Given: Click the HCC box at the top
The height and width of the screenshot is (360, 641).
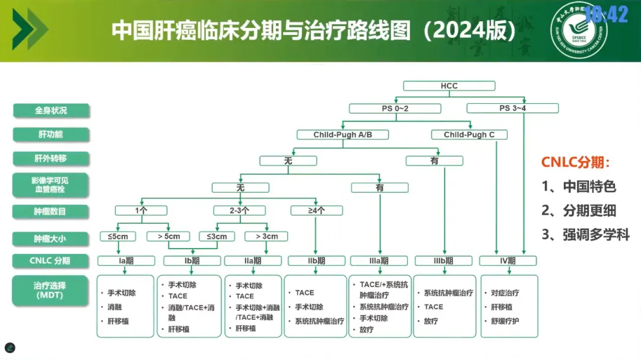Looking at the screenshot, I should coord(449,86).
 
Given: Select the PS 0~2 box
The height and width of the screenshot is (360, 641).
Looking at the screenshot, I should coord(395,109).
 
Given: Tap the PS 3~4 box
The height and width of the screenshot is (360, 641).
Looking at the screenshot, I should coord(512,109).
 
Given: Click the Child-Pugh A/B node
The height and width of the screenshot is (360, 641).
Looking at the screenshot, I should coord(342,135).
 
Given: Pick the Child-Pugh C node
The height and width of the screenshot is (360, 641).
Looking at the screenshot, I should coord(469,135).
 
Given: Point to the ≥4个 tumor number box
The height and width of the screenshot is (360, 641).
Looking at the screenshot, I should coord(316,211).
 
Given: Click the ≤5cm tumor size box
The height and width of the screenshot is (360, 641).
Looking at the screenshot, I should coord(118,237).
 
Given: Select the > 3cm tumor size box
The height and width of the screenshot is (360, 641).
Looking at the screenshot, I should coord(266,237).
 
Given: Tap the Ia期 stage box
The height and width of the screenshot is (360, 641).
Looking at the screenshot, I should coord(126,261).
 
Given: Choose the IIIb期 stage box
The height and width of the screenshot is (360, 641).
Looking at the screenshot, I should coord(443,261).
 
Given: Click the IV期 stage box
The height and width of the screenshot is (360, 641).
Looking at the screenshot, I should coord(507,261).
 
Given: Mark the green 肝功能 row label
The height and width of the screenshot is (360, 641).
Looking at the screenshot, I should coord(50,135).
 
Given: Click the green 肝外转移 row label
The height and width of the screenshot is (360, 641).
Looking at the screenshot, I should coord(50,159).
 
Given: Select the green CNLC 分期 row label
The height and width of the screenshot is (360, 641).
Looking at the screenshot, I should coord(50,261).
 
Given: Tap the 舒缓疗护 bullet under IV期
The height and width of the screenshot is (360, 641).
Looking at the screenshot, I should coord(504,321).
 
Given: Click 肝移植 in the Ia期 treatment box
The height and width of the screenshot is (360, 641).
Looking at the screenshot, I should coord(118,321).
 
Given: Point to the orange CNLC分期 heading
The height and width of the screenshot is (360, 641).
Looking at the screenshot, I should coord(575,163).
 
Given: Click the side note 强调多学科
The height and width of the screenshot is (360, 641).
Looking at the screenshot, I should coord(585,235).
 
